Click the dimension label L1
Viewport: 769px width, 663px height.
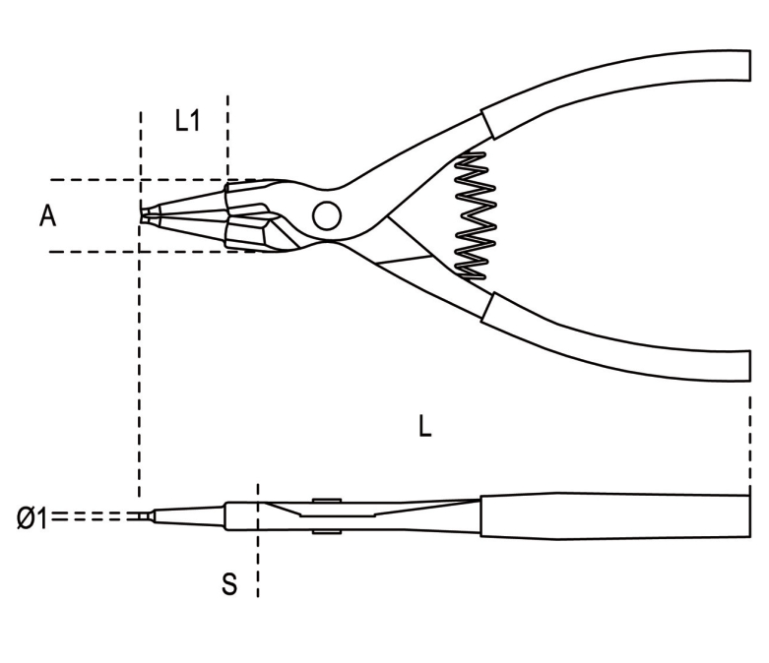[187, 121]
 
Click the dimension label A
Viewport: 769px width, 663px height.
[47, 216]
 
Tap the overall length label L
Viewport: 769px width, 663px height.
[424, 425]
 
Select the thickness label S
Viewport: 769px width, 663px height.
[229, 583]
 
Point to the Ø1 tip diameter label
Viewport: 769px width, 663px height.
[32, 518]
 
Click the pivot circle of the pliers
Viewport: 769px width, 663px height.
[327, 215]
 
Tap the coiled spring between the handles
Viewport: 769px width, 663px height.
[475, 216]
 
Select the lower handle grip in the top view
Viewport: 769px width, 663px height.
[616, 338]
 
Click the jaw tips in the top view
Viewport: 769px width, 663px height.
[146, 215]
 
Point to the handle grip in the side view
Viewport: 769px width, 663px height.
[615, 516]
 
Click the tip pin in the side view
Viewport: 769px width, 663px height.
[144, 516]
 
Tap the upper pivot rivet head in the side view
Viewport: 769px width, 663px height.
[327, 501]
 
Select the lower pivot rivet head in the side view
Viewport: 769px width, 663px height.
[327, 531]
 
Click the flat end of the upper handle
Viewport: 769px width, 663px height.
[750, 65]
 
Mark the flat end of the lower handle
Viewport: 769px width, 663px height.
[750, 366]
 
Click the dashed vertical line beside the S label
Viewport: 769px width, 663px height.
[258, 540]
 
